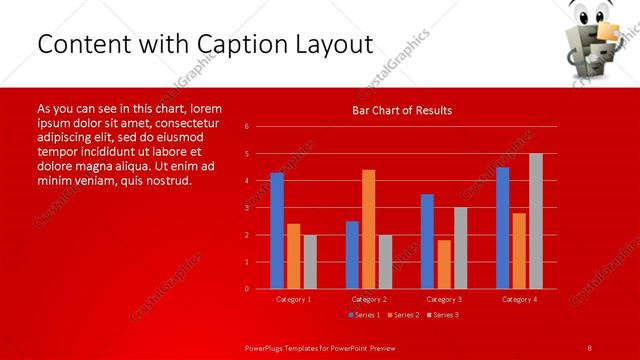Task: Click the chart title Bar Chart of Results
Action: tap(402, 110)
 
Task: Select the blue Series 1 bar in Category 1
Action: tap(277, 230)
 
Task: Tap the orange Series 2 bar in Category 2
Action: tap(369, 229)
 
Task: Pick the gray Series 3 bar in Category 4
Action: tap(536, 221)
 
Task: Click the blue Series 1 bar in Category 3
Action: tap(427, 241)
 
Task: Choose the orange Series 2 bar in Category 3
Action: tap(444, 264)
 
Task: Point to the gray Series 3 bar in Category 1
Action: tap(310, 261)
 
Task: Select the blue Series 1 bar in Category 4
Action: tap(502, 227)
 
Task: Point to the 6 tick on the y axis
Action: tap(247, 127)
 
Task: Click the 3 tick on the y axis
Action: tap(247, 208)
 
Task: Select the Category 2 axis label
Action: tap(369, 299)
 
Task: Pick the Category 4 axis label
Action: tap(519, 299)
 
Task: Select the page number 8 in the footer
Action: tap(589, 347)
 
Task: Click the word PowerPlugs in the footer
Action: tap(268, 347)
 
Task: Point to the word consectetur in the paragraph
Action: tap(180, 121)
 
